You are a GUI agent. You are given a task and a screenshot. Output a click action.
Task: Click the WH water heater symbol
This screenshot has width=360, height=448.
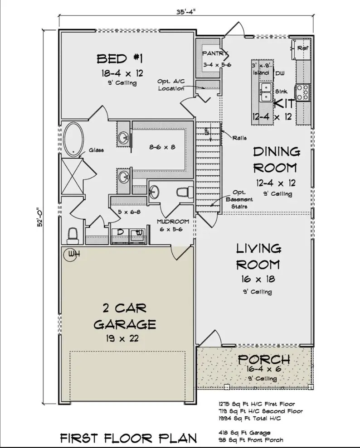[x=72, y=254]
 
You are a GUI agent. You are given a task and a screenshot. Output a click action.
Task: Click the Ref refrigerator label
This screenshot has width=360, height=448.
[x=303, y=48]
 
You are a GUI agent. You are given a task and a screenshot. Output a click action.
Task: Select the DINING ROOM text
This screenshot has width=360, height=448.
[x=275, y=159]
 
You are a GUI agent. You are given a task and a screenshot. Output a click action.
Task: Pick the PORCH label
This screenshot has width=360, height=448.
[x=263, y=359]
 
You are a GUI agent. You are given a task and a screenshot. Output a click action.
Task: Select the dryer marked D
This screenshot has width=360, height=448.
[x=121, y=233]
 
